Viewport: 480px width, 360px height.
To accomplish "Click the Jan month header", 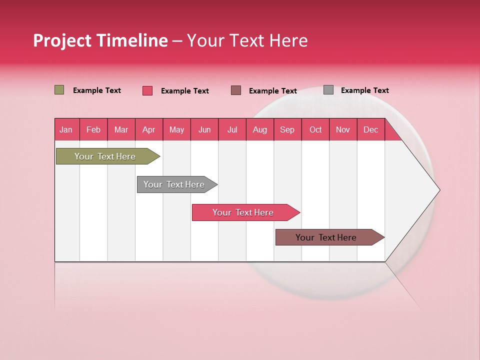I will tap(66, 129).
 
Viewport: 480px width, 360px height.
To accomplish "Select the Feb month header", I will tap(93, 129).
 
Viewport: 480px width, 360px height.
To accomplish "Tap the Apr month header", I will tap(148, 129).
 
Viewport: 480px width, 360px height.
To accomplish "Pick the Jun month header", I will tap(204, 129).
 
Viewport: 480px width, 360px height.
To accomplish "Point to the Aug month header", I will tap(259, 129).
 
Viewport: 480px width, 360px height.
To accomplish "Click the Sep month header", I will tap(287, 129).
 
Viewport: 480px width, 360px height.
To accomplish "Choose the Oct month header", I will tap(315, 129).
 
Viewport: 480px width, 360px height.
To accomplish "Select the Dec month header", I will tap(370, 129).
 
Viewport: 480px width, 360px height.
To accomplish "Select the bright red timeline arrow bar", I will tap(243, 212).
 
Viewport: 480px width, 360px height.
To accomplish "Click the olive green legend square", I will tap(59, 90).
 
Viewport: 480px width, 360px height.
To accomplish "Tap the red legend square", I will tap(147, 90).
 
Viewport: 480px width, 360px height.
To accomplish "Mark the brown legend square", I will tap(236, 90).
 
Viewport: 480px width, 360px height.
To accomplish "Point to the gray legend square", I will tap(328, 90).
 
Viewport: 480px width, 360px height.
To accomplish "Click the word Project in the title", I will tap(62, 41).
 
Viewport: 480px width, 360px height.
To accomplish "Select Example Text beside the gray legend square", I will tap(364, 90).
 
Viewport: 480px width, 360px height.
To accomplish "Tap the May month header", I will tap(176, 129).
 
